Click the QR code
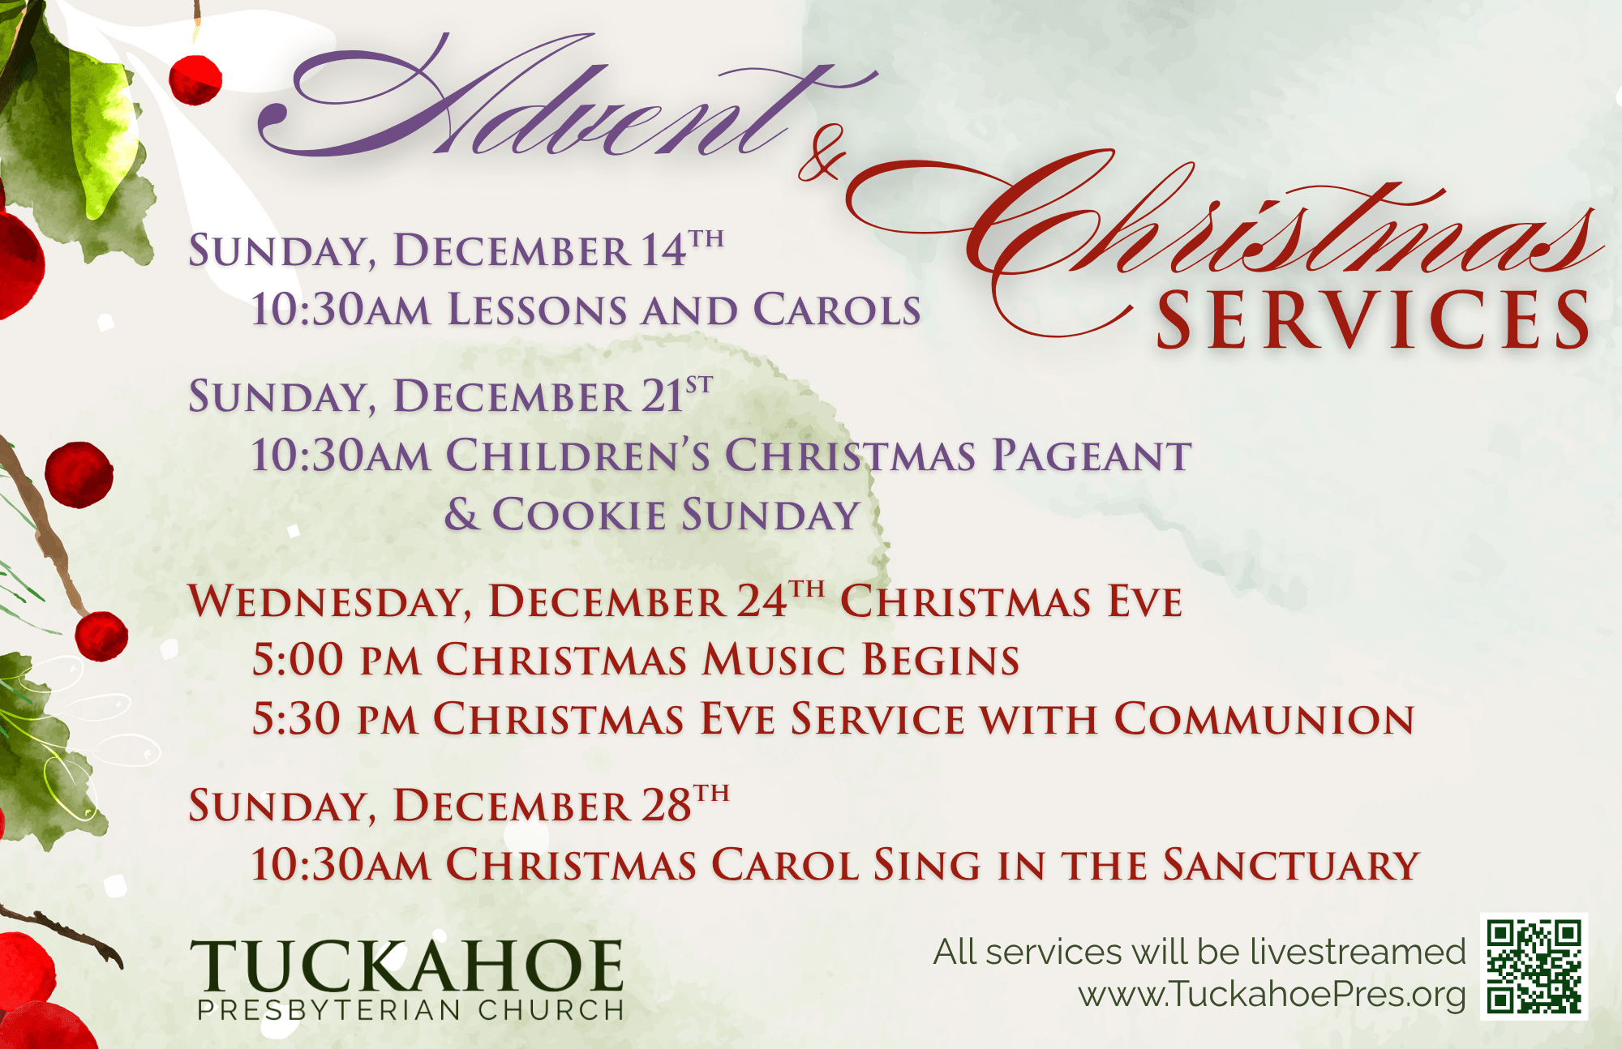tap(1534, 966)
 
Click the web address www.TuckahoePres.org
tap(1272, 995)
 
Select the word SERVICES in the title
tap(1373, 320)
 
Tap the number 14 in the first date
tap(663, 250)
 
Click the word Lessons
tap(537, 310)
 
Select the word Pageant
tap(1092, 456)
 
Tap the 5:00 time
tap(298, 660)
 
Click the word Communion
tap(1264, 720)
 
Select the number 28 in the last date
tap(666, 806)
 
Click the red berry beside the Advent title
tap(195, 79)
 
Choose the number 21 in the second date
tap(662, 397)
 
